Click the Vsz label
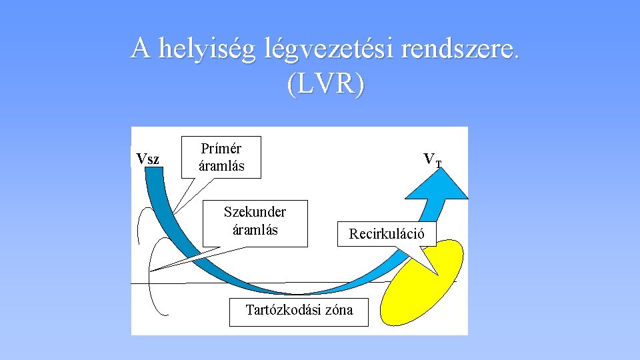click(147, 159)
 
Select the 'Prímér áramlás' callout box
click(221, 157)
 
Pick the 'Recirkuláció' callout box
click(387, 233)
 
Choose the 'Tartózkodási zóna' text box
click(299, 311)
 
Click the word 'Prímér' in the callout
click(221, 149)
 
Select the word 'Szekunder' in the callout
click(255, 212)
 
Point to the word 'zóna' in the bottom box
click(338, 310)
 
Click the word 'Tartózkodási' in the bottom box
click(283, 310)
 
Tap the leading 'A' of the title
click(139, 49)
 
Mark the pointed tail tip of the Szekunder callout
click(153, 269)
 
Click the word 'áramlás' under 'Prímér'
click(221, 166)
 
